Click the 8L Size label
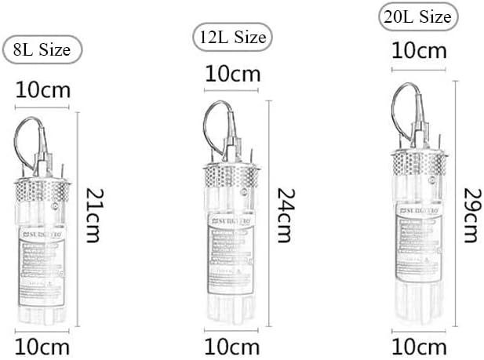coord(43,50)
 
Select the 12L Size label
coord(230,36)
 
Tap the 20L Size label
coord(418,16)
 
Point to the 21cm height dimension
coord(93,215)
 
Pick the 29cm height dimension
coord(471,214)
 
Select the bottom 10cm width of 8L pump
coord(42,346)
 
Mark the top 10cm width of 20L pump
coord(419,53)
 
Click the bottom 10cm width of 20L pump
coord(419,346)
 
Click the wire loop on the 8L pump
coord(25,141)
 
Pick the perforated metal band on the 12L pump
coord(232,175)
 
